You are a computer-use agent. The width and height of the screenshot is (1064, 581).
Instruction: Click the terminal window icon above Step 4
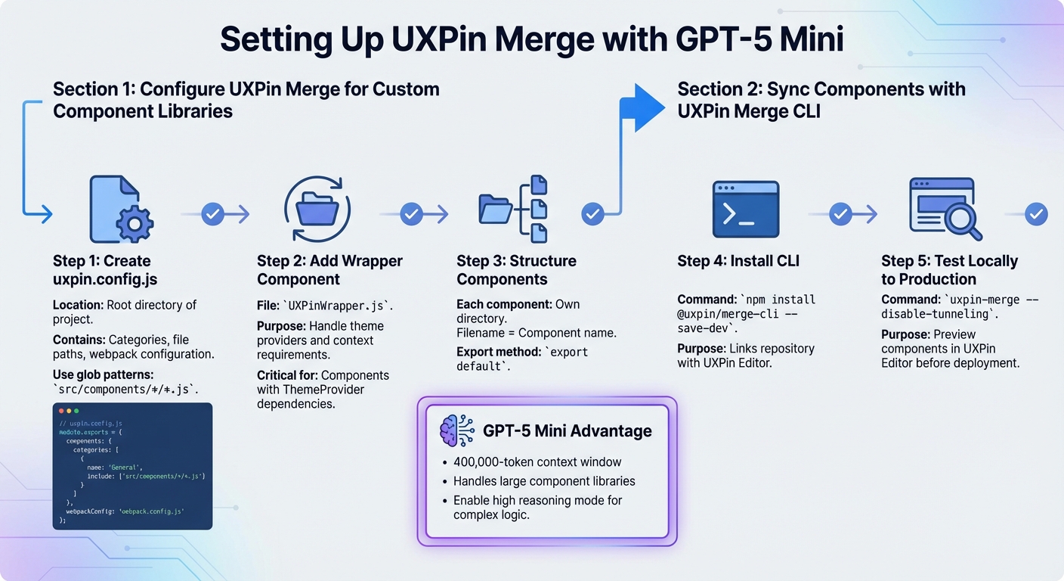pyautogui.click(x=745, y=210)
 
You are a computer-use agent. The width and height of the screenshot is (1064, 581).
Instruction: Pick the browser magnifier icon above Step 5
pyautogui.click(x=945, y=208)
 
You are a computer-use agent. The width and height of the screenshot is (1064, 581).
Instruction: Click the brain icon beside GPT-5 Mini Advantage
pyautogui.click(x=456, y=431)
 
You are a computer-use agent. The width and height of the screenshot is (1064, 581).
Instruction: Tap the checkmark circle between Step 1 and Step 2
pyautogui.click(x=213, y=215)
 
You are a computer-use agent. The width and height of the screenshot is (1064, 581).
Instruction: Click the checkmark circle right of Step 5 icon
pyautogui.click(x=1036, y=215)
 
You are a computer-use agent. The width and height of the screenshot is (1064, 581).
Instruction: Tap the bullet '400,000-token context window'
pyautogui.click(x=537, y=462)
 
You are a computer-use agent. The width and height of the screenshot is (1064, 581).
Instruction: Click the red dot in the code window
pyautogui.click(x=61, y=411)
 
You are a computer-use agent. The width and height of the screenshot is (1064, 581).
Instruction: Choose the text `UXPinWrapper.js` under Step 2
pyautogui.click(x=338, y=306)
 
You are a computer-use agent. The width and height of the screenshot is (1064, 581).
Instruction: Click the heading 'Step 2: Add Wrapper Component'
pyautogui.click(x=329, y=270)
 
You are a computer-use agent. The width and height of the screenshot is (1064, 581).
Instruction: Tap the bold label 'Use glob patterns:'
pyautogui.click(x=103, y=374)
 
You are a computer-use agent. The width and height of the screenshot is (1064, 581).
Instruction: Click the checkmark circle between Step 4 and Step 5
pyautogui.click(x=840, y=215)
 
